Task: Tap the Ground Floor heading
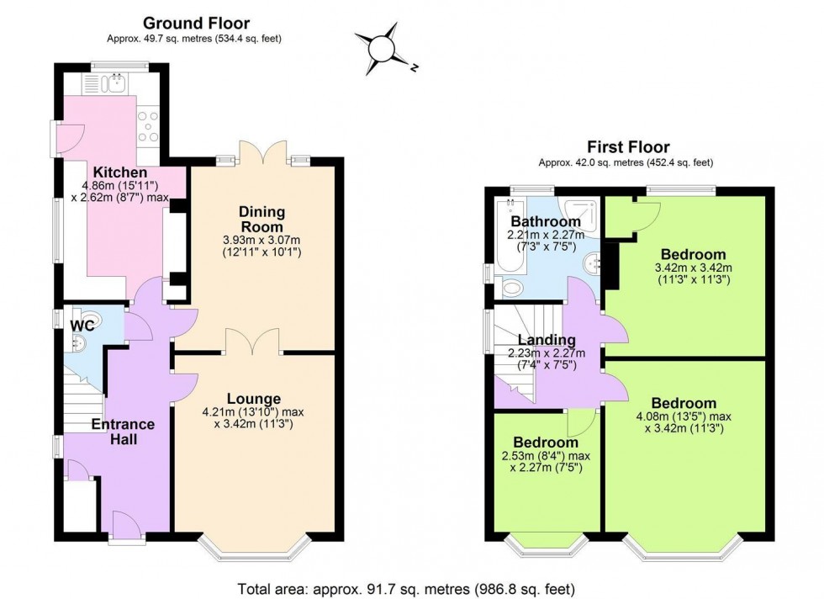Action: point(196,23)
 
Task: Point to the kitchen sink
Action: point(113,82)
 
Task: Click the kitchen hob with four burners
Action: point(149,126)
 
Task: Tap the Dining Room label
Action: point(261,220)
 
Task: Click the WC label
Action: point(82,325)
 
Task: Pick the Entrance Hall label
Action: point(123,432)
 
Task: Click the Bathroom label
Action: point(542,221)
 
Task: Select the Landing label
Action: point(541,340)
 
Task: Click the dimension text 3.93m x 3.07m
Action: point(261,239)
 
